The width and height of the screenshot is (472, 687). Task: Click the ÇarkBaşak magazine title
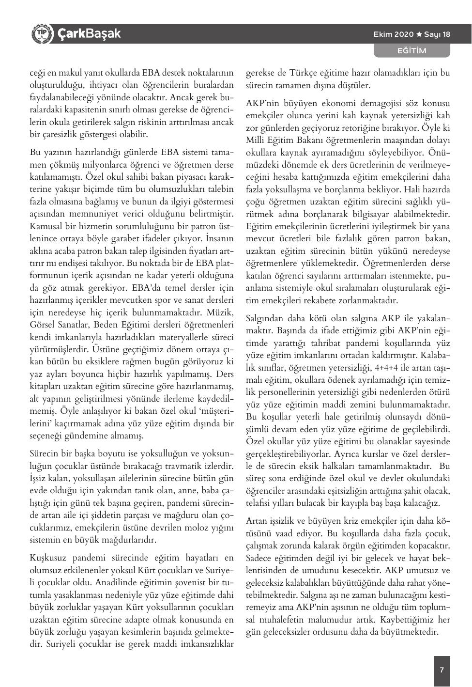tap(89, 34)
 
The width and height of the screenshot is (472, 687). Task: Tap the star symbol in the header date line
tap(420, 34)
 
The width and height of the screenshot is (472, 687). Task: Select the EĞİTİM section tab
tap(411, 50)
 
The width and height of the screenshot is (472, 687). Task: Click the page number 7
tap(442, 671)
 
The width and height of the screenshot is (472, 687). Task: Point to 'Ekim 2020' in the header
tap(394, 34)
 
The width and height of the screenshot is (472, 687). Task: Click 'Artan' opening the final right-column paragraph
tap(257, 521)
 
